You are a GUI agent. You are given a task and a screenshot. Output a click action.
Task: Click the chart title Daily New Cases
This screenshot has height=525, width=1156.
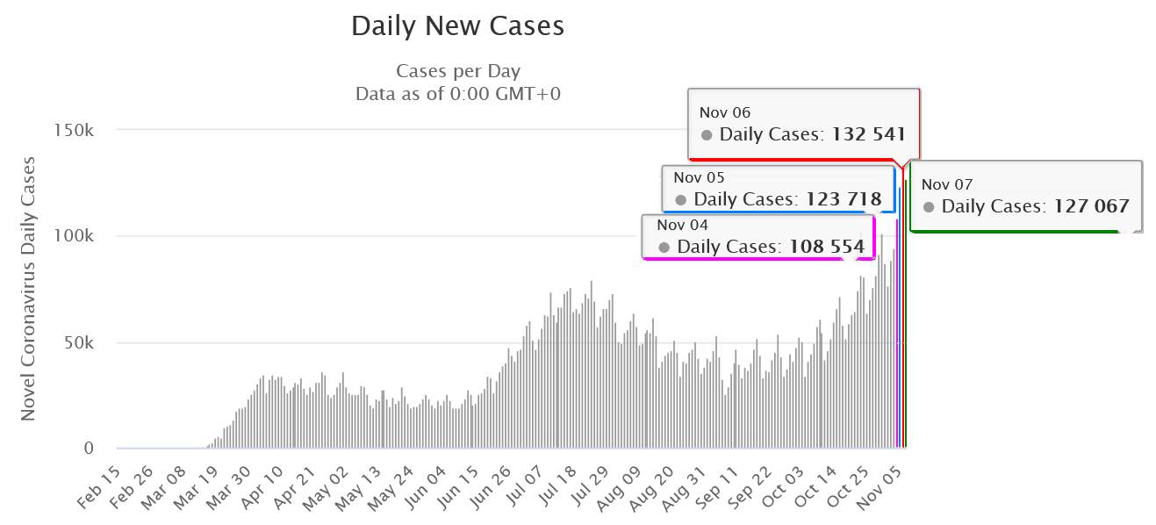click(457, 26)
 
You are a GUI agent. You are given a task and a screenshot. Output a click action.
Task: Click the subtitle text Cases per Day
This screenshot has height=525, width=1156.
click(457, 71)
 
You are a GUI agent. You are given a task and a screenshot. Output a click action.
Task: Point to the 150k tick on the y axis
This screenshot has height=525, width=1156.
click(75, 130)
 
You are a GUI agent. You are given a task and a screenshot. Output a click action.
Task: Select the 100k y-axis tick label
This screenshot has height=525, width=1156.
click(75, 236)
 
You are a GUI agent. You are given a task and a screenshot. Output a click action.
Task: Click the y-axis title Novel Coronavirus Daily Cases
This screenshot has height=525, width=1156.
click(28, 288)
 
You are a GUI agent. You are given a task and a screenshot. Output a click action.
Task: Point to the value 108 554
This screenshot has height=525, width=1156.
click(825, 247)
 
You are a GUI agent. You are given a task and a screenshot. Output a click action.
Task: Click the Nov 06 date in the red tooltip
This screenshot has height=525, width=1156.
click(725, 112)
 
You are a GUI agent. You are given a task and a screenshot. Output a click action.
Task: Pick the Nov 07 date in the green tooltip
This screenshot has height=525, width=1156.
click(947, 184)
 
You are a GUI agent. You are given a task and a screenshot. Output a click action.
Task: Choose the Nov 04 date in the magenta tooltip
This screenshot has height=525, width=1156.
click(683, 225)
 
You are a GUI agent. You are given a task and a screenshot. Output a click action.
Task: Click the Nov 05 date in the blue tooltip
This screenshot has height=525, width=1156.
click(700, 177)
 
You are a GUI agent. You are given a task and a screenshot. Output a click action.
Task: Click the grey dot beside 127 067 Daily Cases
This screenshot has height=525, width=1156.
click(929, 207)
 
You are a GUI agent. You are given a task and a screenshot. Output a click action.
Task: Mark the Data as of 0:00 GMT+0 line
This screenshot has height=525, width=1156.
click(457, 93)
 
